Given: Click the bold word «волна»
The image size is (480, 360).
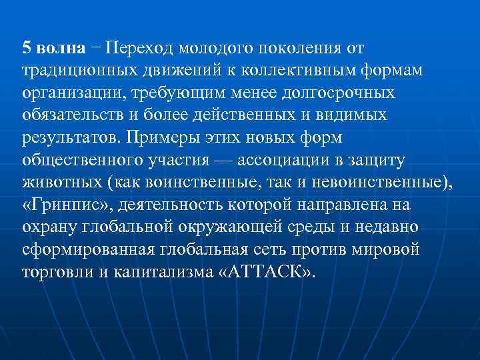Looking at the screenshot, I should pyautogui.click(x=61, y=48).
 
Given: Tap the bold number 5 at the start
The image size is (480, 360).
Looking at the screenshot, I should pyautogui.click(x=26, y=48).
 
